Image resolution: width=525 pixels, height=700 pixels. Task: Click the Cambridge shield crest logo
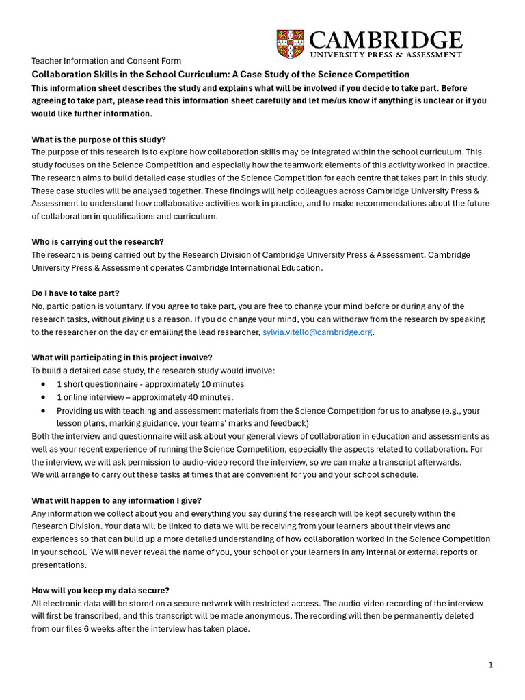coord(290,44)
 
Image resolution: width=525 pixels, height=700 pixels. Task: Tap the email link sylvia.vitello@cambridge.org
coord(318,332)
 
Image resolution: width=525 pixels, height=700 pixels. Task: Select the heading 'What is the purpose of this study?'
coord(99,139)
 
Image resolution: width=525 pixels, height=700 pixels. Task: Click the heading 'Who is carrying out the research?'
coord(98,242)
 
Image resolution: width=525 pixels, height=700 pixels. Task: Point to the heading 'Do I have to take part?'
coord(76,293)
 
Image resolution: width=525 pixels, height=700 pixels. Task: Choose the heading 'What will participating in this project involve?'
coord(122,358)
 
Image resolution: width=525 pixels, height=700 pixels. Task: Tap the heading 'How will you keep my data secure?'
coord(100,590)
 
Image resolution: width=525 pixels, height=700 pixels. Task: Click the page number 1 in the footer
coord(490,664)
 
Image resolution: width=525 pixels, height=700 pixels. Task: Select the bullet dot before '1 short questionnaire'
coord(43,384)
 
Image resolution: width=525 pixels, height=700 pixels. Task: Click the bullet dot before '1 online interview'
coord(43,397)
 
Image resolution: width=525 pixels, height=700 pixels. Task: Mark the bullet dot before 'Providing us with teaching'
coord(43,411)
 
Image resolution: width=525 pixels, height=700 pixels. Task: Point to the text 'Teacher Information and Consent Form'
coord(107,61)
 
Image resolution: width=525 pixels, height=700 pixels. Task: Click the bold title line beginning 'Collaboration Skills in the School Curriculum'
coord(221,75)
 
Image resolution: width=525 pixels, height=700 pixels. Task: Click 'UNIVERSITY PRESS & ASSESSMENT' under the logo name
coord(386,54)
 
